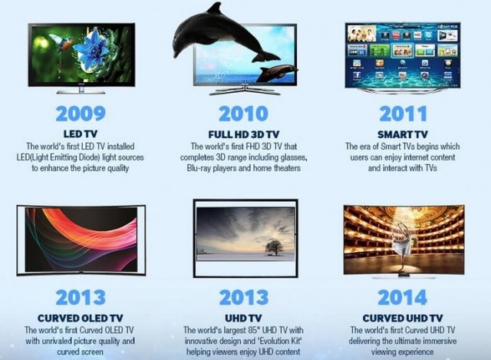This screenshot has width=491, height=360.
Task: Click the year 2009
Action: pos(81,114)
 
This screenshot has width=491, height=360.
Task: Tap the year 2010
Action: pos(243,114)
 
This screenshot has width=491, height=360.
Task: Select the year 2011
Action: pos(404,114)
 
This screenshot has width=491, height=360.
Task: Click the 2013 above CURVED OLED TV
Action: pos(81,296)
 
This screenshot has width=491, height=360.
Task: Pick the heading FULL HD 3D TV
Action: pos(243,134)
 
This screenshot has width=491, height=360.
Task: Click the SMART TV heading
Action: pos(404,134)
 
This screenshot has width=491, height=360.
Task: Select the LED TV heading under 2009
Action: pos(81,134)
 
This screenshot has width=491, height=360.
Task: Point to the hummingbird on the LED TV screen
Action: pos(61,40)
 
